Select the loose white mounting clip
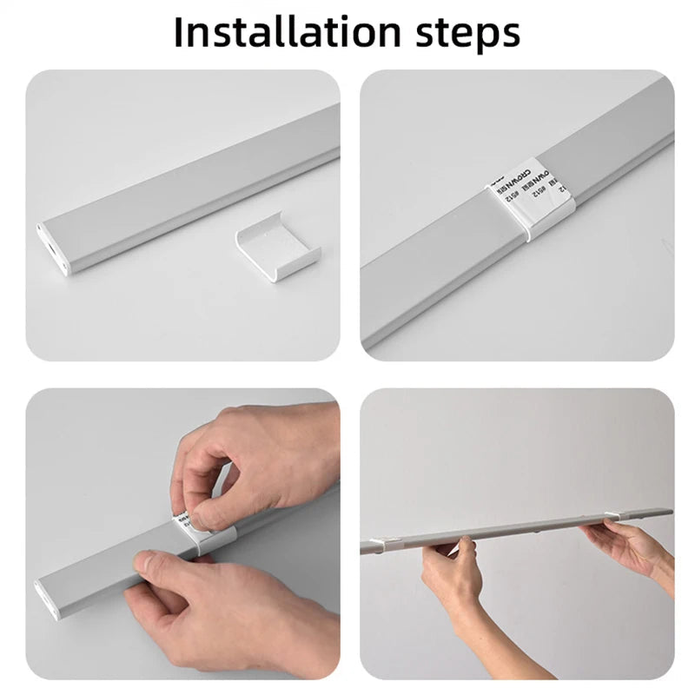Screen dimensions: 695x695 point(276,252)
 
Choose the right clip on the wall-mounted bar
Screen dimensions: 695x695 point(620,520)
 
